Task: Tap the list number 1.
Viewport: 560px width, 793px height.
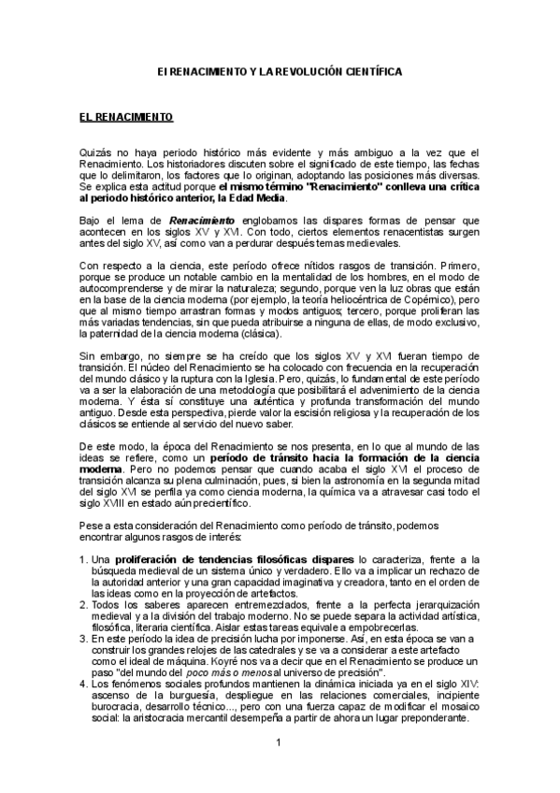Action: coord(83,558)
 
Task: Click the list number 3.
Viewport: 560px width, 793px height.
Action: coord(83,636)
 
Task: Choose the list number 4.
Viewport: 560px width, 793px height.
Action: coord(83,685)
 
